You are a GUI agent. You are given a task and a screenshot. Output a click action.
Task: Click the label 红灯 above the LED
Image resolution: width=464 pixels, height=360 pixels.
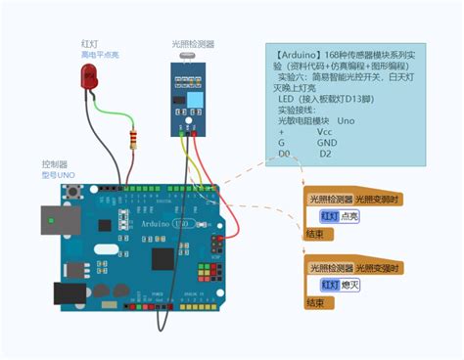click(89, 43)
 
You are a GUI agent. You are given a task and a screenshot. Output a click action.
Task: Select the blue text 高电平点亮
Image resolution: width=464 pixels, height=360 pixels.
click(100, 55)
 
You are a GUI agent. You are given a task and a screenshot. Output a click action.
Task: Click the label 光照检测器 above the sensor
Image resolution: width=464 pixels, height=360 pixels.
click(193, 43)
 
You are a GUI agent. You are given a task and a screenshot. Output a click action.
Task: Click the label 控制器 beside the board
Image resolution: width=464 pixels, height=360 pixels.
click(55, 163)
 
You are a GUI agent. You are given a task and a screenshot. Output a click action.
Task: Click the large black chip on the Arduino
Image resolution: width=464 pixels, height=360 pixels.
click(162, 258)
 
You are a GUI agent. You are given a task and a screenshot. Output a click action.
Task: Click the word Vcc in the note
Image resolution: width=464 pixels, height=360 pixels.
click(324, 130)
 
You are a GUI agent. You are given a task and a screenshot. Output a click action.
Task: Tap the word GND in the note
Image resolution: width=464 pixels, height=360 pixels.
click(326, 142)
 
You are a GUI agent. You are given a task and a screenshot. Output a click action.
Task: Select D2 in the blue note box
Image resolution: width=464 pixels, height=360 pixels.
click(325, 154)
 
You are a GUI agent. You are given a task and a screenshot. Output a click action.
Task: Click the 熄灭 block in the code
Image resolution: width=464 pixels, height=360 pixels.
click(349, 285)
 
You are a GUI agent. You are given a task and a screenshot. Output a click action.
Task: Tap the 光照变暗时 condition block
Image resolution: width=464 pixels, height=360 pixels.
click(377, 199)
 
